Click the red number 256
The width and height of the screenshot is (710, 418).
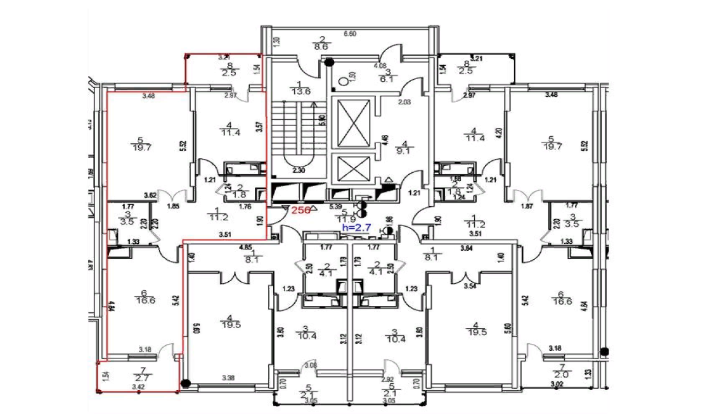coord(300,212)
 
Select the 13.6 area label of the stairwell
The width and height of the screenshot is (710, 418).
coord(300,91)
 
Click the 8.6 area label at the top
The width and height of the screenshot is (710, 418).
coord(321,46)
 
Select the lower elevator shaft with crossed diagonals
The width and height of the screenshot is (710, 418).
coord(353,170)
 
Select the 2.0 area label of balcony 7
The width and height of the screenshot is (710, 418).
coord(562,375)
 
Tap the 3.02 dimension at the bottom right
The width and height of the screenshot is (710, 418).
coord(556,384)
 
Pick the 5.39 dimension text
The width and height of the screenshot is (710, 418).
coord(335,206)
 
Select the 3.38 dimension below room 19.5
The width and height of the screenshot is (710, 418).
coord(229,379)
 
